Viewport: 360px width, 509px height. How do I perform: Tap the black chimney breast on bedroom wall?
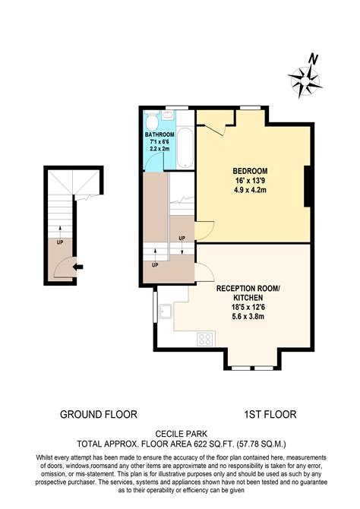click(x=308, y=187)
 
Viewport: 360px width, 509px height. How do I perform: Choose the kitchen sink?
click(x=166, y=311)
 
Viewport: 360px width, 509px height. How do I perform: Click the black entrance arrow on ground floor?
click(x=78, y=266)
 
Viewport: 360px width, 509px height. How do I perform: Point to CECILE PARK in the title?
click(x=180, y=432)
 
